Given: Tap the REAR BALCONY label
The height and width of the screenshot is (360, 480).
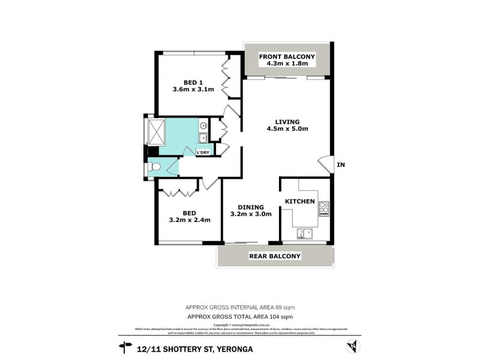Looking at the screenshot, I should click(275, 256).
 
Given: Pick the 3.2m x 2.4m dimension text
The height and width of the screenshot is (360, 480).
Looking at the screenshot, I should click(189, 219).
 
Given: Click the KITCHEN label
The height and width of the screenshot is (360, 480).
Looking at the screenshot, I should click(299, 201).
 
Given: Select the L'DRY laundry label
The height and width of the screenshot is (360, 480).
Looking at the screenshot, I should click(203, 152).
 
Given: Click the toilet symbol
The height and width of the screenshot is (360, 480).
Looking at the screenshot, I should click(155, 167).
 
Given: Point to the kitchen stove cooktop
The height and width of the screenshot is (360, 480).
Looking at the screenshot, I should click(325, 208).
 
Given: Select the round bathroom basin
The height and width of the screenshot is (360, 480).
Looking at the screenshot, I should click(203, 125).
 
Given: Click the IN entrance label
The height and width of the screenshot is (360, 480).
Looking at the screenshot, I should click(341, 164).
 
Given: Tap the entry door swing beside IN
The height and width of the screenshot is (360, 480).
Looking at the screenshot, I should click(325, 164).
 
